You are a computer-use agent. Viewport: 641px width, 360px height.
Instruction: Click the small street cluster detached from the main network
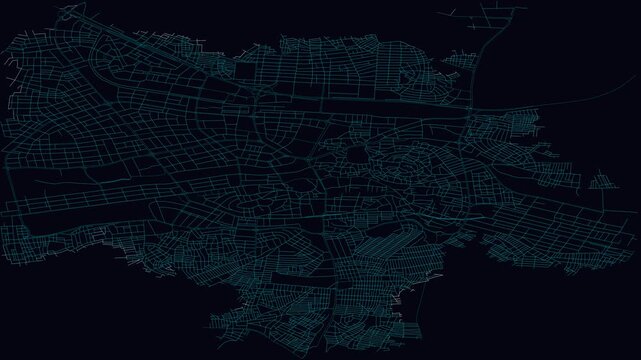[603, 181]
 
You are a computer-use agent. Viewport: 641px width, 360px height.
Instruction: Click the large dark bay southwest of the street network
[100, 310]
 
